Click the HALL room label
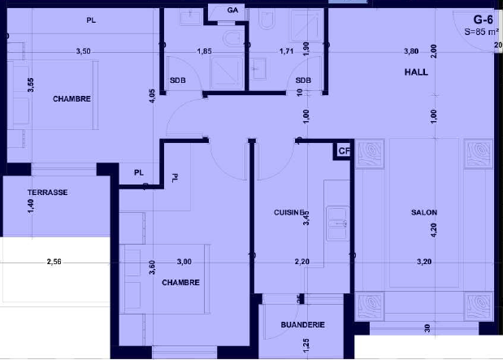pos(416,72)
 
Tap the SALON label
pos(424,212)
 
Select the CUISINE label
pos(289,212)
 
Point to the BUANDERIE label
pos(302,325)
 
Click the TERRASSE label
pos(47,193)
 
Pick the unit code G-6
pos(483,20)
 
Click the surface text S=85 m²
pos(482,32)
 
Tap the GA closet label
pos(232,11)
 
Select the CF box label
pos(344,151)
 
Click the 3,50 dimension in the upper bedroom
pos(83,51)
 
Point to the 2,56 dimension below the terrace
pos(54,262)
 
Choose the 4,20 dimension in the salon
pos(433,230)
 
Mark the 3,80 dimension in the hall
pos(411,51)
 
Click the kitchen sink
pos(337,223)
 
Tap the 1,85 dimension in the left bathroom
pos(204,51)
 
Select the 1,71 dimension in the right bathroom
pos(286,51)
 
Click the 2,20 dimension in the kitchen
pos(302,262)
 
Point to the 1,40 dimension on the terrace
pos(31,206)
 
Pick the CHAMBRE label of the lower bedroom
pos(180,283)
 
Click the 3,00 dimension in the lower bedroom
pos(184,262)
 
